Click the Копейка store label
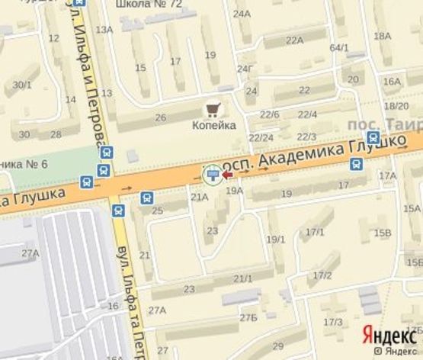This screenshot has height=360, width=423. point(213,125)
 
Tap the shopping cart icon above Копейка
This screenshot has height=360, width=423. point(213,108)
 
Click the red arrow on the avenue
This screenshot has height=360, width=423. point(227,175)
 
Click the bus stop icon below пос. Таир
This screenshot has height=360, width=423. point(373,137)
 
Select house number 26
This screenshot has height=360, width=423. point(161,117)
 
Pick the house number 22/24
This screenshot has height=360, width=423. point(261,137)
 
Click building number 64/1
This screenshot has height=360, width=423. point(339,48)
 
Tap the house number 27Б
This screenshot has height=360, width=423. point(248,317)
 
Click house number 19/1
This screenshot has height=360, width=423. point(275,239)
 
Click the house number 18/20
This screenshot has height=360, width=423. point(396,106)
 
